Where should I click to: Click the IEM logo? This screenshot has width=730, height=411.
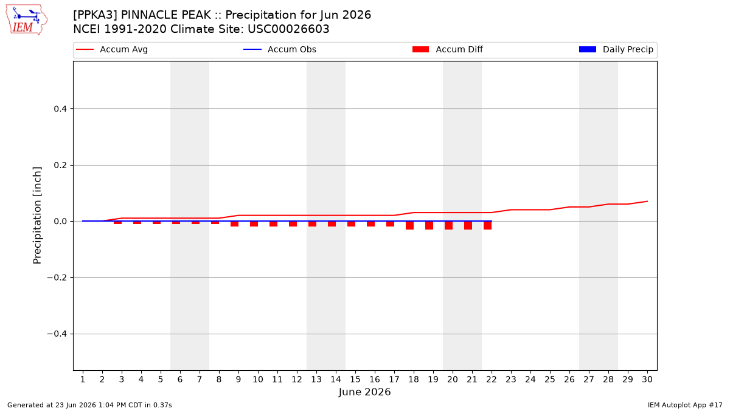(x=27, y=20)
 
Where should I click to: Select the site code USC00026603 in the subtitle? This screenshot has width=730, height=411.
(x=288, y=29)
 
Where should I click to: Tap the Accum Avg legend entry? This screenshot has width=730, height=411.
(x=112, y=49)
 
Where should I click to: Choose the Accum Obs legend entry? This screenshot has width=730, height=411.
(x=280, y=49)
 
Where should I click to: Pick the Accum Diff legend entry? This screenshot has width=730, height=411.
(x=448, y=49)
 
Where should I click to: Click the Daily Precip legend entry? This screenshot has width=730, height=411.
(x=616, y=49)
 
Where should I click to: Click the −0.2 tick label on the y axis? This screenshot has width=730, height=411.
(x=57, y=278)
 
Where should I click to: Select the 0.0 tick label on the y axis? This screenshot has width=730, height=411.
(x=60, y=222)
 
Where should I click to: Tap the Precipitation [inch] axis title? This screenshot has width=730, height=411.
(x=37, y=216)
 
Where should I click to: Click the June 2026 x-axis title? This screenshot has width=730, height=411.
(x=364, y=392)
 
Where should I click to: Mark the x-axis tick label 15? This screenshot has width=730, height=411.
(x=355, y=379)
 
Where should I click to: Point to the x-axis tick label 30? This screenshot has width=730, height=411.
(x=647, y=379)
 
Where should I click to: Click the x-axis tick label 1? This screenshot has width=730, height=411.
(x=83, y=379)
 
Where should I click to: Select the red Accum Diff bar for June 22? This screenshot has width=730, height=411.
(x=487, y=225)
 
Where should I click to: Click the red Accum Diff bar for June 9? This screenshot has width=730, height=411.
(x=235, y=224)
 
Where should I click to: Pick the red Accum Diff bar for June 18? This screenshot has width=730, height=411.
(x=409, y=225)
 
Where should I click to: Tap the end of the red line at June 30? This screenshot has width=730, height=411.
(x=647, y=202)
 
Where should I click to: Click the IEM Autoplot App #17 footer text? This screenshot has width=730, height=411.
(x=685, y=405)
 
